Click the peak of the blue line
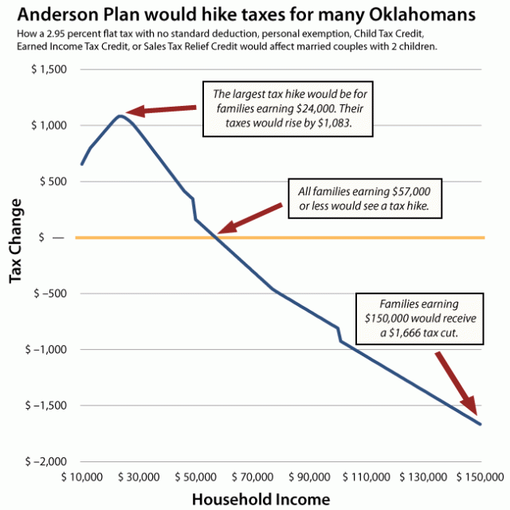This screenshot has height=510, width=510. click(x=120, y=116)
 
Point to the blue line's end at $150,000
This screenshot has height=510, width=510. click(x=481, y=424)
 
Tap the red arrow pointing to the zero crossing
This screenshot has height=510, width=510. click(x=250, y=218)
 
